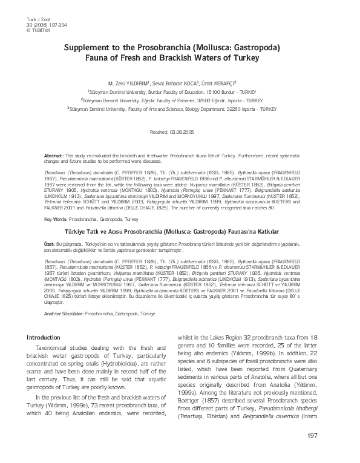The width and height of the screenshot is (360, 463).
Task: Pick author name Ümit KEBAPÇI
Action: click(x=217, y=83)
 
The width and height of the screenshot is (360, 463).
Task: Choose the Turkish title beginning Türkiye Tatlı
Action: click(x=180, y=231)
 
